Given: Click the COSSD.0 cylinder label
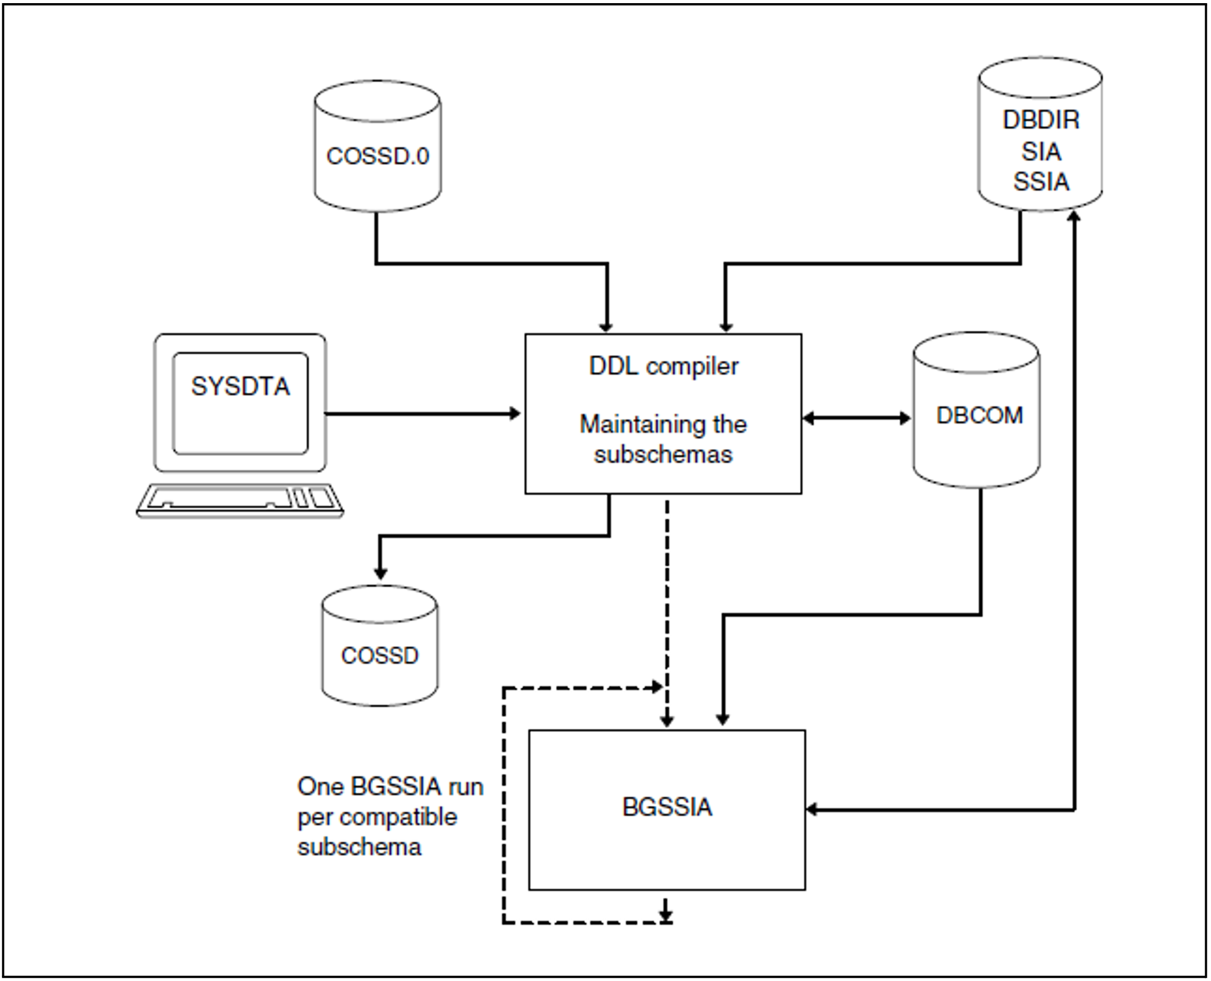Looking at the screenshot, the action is (x=378, y=156).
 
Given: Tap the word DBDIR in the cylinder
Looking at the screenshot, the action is (x=1041, y=119).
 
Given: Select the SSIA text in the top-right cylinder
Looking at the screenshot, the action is (x=1041, y=181).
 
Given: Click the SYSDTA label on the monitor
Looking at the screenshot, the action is (x=240, y=386).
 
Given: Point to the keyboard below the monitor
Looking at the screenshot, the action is (x=240, y=501).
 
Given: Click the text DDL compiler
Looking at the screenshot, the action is (x=664, y=367).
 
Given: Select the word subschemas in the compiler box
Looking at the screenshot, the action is (x=663, y=454).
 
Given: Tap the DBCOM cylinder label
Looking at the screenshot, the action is (x=980, y=415).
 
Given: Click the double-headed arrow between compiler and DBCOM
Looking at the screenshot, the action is (x=856, y=418).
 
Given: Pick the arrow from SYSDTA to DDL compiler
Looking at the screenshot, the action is (x=423, y=414).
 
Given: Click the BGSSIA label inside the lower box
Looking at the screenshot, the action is (x=667, y=807).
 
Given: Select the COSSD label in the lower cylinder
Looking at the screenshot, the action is (x=380, y=656).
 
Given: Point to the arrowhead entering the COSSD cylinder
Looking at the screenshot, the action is (x=380, y=572).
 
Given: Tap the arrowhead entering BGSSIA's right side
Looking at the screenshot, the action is (x=813, y=810).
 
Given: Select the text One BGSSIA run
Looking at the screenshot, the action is (x=390, y=786).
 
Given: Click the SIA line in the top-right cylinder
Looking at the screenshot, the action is (x=1041, y=151).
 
